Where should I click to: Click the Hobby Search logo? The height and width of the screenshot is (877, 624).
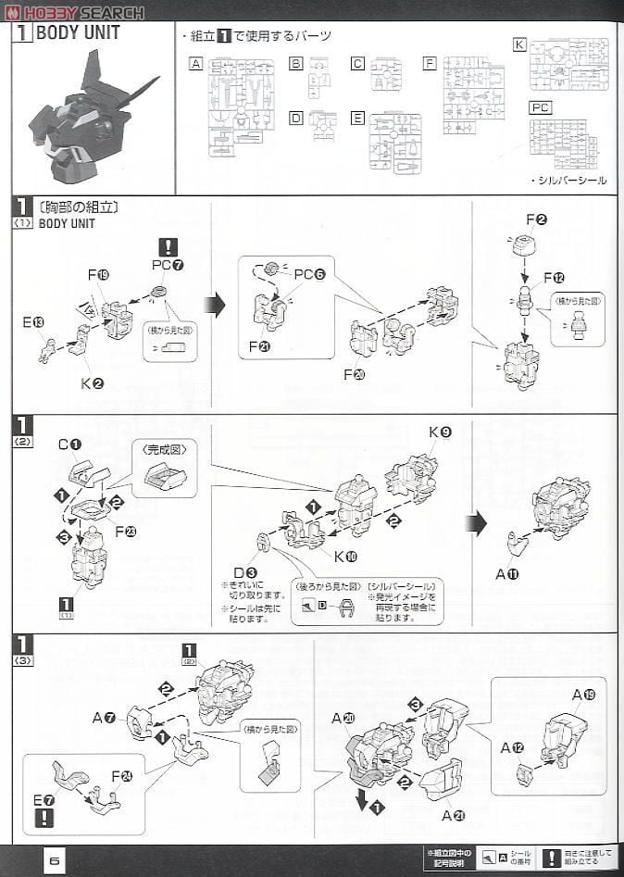click(x=75, y=12)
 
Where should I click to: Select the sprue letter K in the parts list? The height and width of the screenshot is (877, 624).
click(x=519, y=44)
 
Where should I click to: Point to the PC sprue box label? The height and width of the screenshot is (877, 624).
click(x=541, y=107)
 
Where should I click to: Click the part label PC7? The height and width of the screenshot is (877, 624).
click(x=168, y=266)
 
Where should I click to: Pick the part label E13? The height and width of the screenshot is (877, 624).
click(x=32, y=322)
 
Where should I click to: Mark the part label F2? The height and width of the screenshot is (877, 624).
click(x=536, y=219)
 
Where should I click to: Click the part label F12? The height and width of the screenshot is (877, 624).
click(x=555, y=277)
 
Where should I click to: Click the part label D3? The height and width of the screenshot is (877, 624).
click(x=245, y=572)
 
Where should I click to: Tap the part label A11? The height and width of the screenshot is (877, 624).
click(x=508, y=574)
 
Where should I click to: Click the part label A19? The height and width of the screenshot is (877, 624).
click(x=583, y=695)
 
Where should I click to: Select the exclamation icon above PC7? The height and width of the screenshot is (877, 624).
click(x=168, y=247)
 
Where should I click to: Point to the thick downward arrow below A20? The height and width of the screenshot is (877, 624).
click(x=363, y=798)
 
